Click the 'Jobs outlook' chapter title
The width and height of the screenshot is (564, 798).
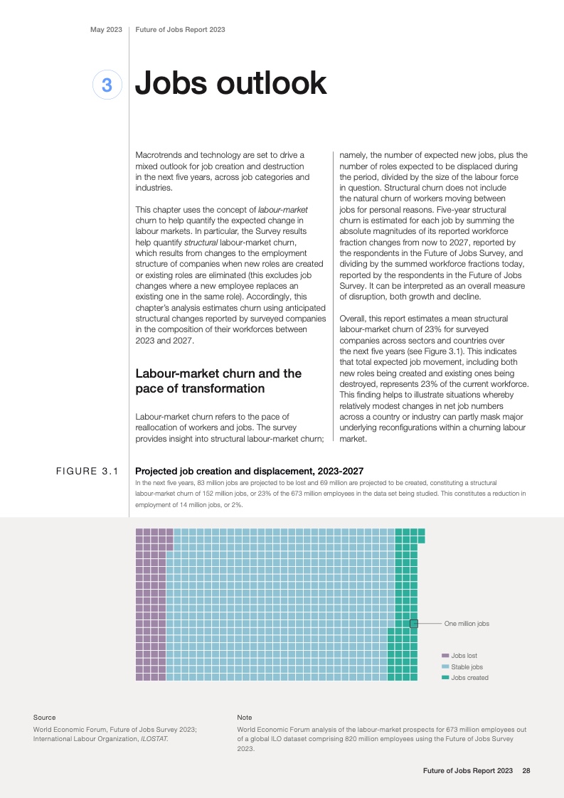pos(230,84)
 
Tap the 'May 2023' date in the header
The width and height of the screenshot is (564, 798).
pos(106,30)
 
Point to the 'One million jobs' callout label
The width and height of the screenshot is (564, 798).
pos(467,624)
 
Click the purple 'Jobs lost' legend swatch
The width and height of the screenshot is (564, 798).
pos(445,656)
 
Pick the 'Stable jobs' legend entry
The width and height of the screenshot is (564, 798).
pos(467,667)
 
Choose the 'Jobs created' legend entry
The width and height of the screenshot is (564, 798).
pos(469,678)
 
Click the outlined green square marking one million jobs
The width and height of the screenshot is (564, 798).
pos(414,624)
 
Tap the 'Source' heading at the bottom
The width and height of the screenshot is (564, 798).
pos(44,717)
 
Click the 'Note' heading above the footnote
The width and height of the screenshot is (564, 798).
pos(244,717)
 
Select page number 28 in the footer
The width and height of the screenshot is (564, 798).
pos(526,770)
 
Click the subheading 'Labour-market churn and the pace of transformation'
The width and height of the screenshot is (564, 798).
pos(218,381)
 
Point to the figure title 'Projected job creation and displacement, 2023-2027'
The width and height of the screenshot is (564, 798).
pos(249,471)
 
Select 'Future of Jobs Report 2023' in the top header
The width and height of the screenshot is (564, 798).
pos(180,30)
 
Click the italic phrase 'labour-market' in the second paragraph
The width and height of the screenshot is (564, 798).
pos(282,210)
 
